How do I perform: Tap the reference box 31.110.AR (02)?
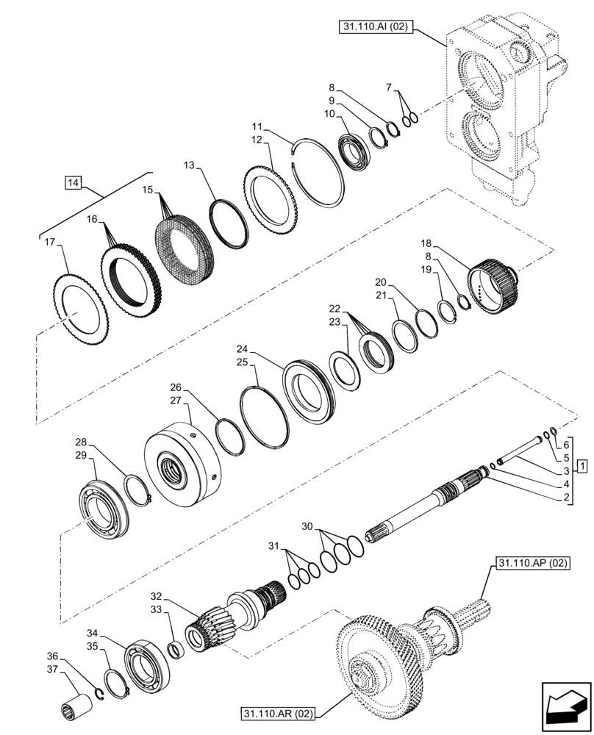(276, 713)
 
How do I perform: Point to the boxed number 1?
(582, 467)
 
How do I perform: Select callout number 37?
(52, 668)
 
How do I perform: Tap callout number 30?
(309, 526)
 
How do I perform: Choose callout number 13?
(189, 167)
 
